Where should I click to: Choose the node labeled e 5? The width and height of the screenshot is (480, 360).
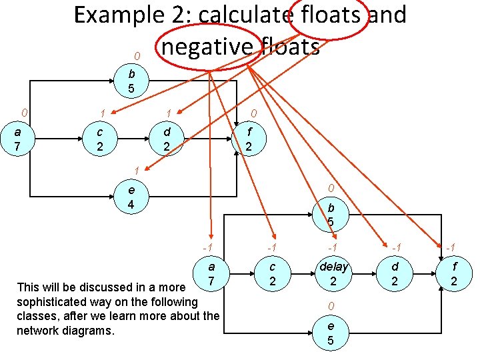(x=331, y=332)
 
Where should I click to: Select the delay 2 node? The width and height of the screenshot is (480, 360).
(x=334, y=274)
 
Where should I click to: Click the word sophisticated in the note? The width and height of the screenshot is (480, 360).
(x=55, y=301)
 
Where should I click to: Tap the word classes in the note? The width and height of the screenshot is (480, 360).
(x=38, y=315)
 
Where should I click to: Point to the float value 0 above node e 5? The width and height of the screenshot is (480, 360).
(x=331, y=306)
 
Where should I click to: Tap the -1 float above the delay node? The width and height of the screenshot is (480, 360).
(x=331, y=248)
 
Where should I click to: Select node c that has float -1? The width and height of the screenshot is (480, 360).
(x=272, y=274)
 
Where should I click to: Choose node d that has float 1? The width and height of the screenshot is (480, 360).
(x=167, y=139)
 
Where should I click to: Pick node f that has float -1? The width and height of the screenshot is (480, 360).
(x=454, y=274)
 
